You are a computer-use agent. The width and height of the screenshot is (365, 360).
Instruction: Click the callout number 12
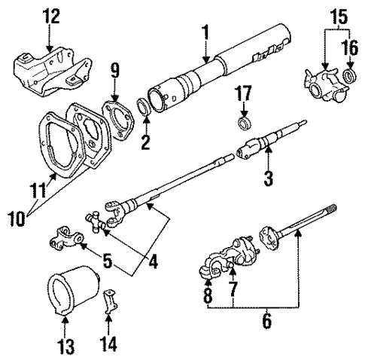[50, 14]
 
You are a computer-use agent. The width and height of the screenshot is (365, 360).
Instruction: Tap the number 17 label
[243, 94]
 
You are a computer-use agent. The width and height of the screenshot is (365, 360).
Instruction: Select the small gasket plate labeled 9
[118, 114]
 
